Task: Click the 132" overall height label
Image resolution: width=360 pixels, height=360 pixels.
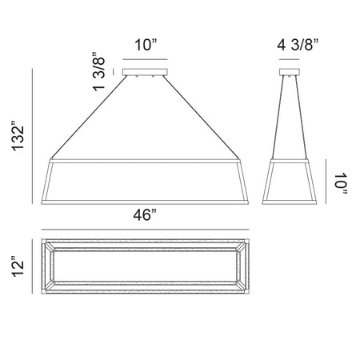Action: click(18, 136)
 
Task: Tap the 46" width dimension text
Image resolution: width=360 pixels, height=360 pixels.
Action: click(145, 215)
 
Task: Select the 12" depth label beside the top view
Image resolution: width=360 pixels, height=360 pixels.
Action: click(18, 266)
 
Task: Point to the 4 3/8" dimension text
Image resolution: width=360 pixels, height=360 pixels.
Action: click(298, 45)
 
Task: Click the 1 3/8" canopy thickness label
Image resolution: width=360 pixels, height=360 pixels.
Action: click(99, 71)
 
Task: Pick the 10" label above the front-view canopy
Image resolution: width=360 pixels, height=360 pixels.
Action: click(146, 45)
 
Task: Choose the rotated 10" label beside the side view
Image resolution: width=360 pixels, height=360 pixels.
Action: click(341, 184)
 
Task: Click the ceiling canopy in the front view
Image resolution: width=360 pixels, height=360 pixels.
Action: click(145, 72)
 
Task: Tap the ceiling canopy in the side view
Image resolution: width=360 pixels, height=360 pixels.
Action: click(290, 72)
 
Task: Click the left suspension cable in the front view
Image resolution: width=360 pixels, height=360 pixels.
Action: click(89, 118)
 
